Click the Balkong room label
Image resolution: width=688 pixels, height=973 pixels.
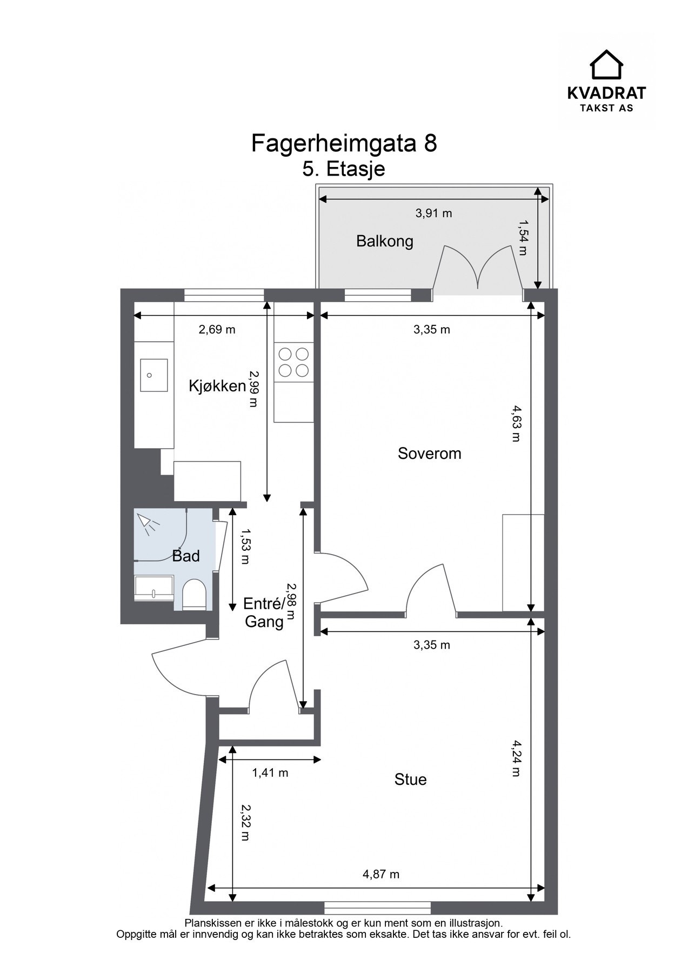point(384,241)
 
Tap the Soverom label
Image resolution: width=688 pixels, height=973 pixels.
point(430,453)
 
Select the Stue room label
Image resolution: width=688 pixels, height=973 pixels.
point(411,779)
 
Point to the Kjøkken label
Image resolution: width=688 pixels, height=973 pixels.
point(217,386)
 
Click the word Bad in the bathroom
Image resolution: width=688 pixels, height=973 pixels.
point(186,556)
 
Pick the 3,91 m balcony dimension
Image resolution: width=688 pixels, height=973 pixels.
point(433,213)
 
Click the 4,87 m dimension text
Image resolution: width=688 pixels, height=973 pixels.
point(381,874)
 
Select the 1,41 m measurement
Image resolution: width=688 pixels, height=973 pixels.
point(270,773)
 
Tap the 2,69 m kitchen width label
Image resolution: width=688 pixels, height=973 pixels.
point(217,329)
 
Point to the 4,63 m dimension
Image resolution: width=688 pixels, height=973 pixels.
point(515,425)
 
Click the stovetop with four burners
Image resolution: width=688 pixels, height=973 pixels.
point(293,362)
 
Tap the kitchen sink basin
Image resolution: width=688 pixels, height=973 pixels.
point(153,374)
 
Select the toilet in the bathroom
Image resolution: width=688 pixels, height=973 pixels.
point(193,595)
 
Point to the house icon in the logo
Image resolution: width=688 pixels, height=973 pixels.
point(606,65)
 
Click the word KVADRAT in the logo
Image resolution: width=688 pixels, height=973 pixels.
point(606,94)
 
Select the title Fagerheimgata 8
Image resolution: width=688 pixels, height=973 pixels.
point(344,144)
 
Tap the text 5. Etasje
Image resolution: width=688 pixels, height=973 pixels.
point(344,169)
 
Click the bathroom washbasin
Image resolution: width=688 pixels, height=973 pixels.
point(153,588)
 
